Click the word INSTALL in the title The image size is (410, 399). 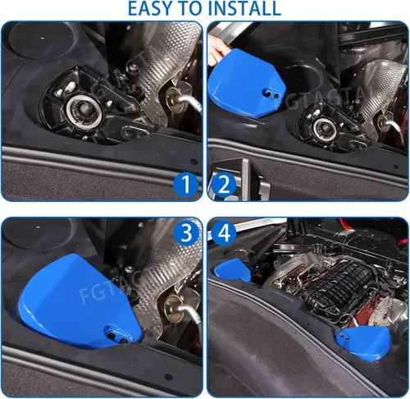[x=244, y=8]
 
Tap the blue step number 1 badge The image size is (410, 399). [x=186, y=184]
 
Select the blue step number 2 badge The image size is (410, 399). [x=224, y=184]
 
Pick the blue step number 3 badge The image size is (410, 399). [x=186, y=233]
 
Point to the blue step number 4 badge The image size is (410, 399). [x=224, y=233]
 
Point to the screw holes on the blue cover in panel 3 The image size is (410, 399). [x=117, y=338]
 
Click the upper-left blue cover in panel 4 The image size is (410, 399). [x=232, y=269]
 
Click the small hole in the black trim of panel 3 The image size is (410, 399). [x=169, y=377]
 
